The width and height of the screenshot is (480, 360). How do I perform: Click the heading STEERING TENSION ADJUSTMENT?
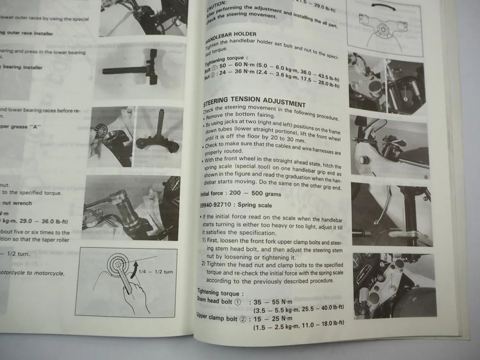[x=254, y=102]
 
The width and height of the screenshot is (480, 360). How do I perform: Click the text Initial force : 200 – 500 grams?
[x=241, y=194]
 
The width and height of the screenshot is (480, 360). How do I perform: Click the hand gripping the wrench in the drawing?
[x=136, y=293]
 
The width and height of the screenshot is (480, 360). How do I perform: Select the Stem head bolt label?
[x=214, y=301]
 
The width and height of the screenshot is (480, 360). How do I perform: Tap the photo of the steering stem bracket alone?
[x=157, y=136]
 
